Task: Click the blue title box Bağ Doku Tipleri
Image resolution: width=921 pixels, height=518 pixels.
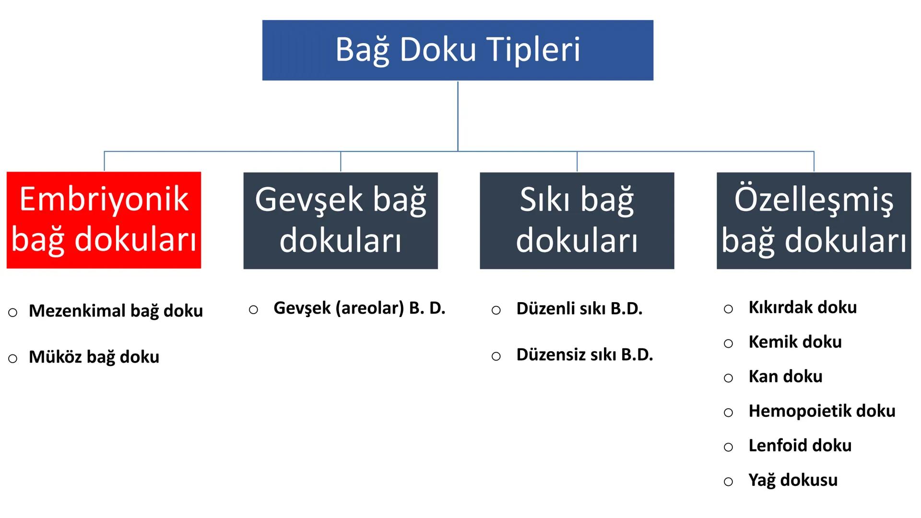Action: [x=458, y=50]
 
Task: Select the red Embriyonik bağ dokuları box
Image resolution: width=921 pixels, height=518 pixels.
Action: [x=104, y=220]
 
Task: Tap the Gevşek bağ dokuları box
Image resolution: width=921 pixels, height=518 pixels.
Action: [x=341, y=220]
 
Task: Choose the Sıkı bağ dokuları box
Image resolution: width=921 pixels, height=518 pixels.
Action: [x=577, y=220]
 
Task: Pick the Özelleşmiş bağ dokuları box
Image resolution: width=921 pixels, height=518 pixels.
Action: [x=814, y=220]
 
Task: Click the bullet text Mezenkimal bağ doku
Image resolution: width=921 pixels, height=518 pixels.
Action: [x=116, y=311]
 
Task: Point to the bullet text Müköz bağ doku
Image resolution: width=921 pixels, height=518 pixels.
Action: [x=94, y=357]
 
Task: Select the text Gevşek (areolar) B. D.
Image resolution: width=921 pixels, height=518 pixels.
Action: [x=359, y=308]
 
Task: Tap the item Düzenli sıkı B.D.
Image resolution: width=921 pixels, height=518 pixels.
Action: [x=579, y=309]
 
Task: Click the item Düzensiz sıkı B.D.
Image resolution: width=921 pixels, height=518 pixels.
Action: [x=584, y=355]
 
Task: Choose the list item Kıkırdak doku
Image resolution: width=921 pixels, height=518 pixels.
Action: [x=803, y=307]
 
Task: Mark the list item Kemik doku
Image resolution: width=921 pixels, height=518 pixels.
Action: [x=795, y=342]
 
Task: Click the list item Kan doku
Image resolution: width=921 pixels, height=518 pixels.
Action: [x=785, y=377]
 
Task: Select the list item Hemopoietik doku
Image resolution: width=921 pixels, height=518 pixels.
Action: [x=822, y=411]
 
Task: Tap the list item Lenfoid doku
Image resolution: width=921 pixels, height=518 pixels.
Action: [x=800, y=446]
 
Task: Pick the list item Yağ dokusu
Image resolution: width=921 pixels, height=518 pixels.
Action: [x=793, y=480]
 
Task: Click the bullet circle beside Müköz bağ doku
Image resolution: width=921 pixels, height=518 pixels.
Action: [x=13, y=358]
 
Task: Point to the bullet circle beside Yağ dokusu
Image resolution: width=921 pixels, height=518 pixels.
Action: [x=728, y=482]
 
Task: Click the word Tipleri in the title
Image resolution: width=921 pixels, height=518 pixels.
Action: [x=533, y=49]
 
